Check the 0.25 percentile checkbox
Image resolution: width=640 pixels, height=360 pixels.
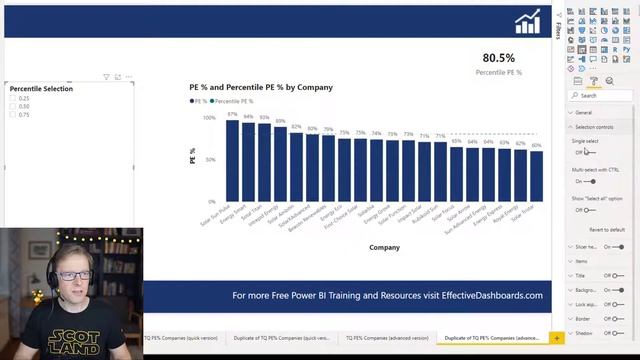13,98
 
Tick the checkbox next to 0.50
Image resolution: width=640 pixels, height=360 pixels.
13,106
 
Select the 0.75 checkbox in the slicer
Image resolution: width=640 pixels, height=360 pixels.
13,114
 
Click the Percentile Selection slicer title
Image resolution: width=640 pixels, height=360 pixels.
41,89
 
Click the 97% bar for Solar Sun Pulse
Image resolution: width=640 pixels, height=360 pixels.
232,160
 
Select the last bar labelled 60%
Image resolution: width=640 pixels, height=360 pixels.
536,176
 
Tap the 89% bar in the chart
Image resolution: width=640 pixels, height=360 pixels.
280,164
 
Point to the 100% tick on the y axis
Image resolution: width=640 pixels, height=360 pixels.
209,118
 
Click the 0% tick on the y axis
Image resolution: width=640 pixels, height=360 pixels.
211,201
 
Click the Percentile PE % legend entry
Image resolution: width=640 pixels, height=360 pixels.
232,101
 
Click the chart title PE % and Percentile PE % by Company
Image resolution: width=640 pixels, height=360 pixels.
261,87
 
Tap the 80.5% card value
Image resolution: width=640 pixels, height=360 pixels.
498,58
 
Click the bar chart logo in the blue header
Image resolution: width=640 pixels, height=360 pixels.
527,22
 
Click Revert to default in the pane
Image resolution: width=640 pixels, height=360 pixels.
607,229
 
